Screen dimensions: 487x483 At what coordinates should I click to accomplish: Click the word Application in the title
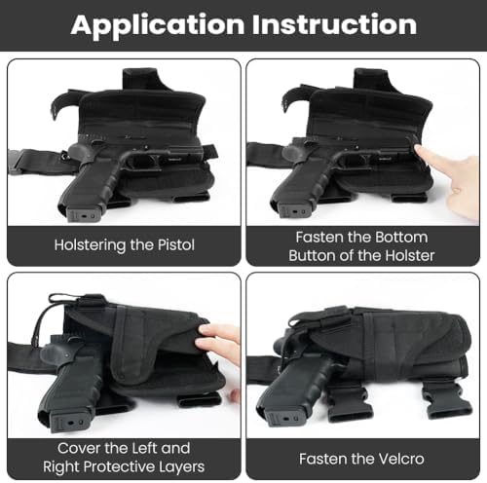[158, 25]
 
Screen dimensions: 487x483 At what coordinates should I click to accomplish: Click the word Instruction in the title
[335, 24]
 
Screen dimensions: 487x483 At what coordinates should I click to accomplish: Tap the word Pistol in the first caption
[176, 245]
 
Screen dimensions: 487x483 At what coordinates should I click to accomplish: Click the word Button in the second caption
[313, 256]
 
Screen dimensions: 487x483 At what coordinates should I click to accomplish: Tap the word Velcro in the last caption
[401, 459]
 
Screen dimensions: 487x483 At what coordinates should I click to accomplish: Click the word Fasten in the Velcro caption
[321, 459]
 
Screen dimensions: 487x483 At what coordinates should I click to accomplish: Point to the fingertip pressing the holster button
[421, 151]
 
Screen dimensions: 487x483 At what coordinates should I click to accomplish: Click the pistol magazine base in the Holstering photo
[83, 213]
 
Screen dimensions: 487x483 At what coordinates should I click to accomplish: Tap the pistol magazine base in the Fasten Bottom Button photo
[295, 210]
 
